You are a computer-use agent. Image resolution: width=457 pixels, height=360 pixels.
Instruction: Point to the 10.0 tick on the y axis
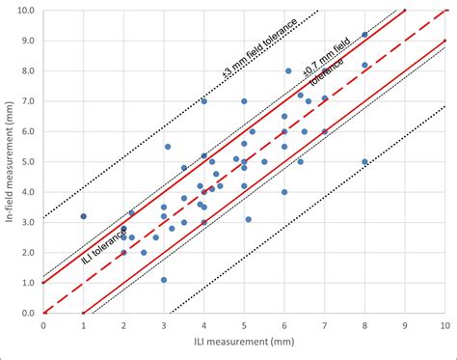27,10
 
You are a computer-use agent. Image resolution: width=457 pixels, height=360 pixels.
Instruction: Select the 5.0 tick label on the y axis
29,161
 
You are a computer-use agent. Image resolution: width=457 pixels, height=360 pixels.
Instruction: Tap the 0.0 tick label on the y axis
29,313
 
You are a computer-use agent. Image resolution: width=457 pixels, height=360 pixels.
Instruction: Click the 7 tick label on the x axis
325,326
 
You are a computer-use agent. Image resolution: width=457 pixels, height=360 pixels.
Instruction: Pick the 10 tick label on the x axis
444,326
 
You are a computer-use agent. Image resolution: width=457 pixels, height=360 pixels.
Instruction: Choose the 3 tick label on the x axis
164,326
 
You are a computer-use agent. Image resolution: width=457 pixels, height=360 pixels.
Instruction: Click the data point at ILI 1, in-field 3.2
84,216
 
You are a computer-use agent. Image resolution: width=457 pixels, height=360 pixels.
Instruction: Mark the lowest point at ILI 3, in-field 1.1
164,280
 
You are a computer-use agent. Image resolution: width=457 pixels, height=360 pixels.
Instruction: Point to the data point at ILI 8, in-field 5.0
364,161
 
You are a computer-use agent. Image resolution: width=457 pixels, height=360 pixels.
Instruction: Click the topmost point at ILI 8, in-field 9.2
364,35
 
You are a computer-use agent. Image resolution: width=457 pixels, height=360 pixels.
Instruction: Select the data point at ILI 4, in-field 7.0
204,101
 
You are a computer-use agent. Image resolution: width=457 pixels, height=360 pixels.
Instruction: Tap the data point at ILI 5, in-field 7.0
244,101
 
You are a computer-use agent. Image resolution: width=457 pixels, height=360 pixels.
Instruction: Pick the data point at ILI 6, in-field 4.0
284,192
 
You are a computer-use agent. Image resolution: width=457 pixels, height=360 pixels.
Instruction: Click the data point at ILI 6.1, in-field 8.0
288,70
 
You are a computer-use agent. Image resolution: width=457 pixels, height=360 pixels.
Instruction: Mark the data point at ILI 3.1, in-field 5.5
168,147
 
